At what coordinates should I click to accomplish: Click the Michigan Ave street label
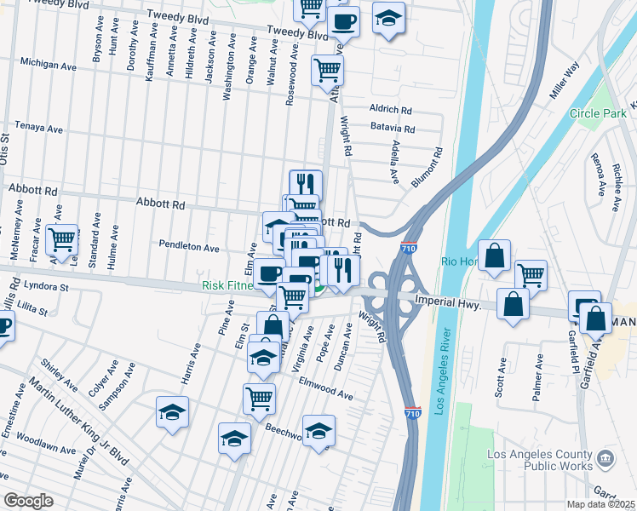click(49, 65)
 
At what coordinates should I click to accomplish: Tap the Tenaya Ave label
click(38, 129)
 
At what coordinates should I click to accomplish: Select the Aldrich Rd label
click(391, 110)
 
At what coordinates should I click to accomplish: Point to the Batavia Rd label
click(392, 129)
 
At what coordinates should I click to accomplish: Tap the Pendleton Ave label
click(189, 247)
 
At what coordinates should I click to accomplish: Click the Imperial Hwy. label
click(448, 303)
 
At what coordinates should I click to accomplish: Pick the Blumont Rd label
click(428, 168)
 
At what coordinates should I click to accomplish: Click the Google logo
click(28, 501)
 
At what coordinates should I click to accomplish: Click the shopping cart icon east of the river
click(531, 275)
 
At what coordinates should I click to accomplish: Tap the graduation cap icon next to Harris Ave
click(172, 413)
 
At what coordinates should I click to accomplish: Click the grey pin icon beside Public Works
click(605, 459)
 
